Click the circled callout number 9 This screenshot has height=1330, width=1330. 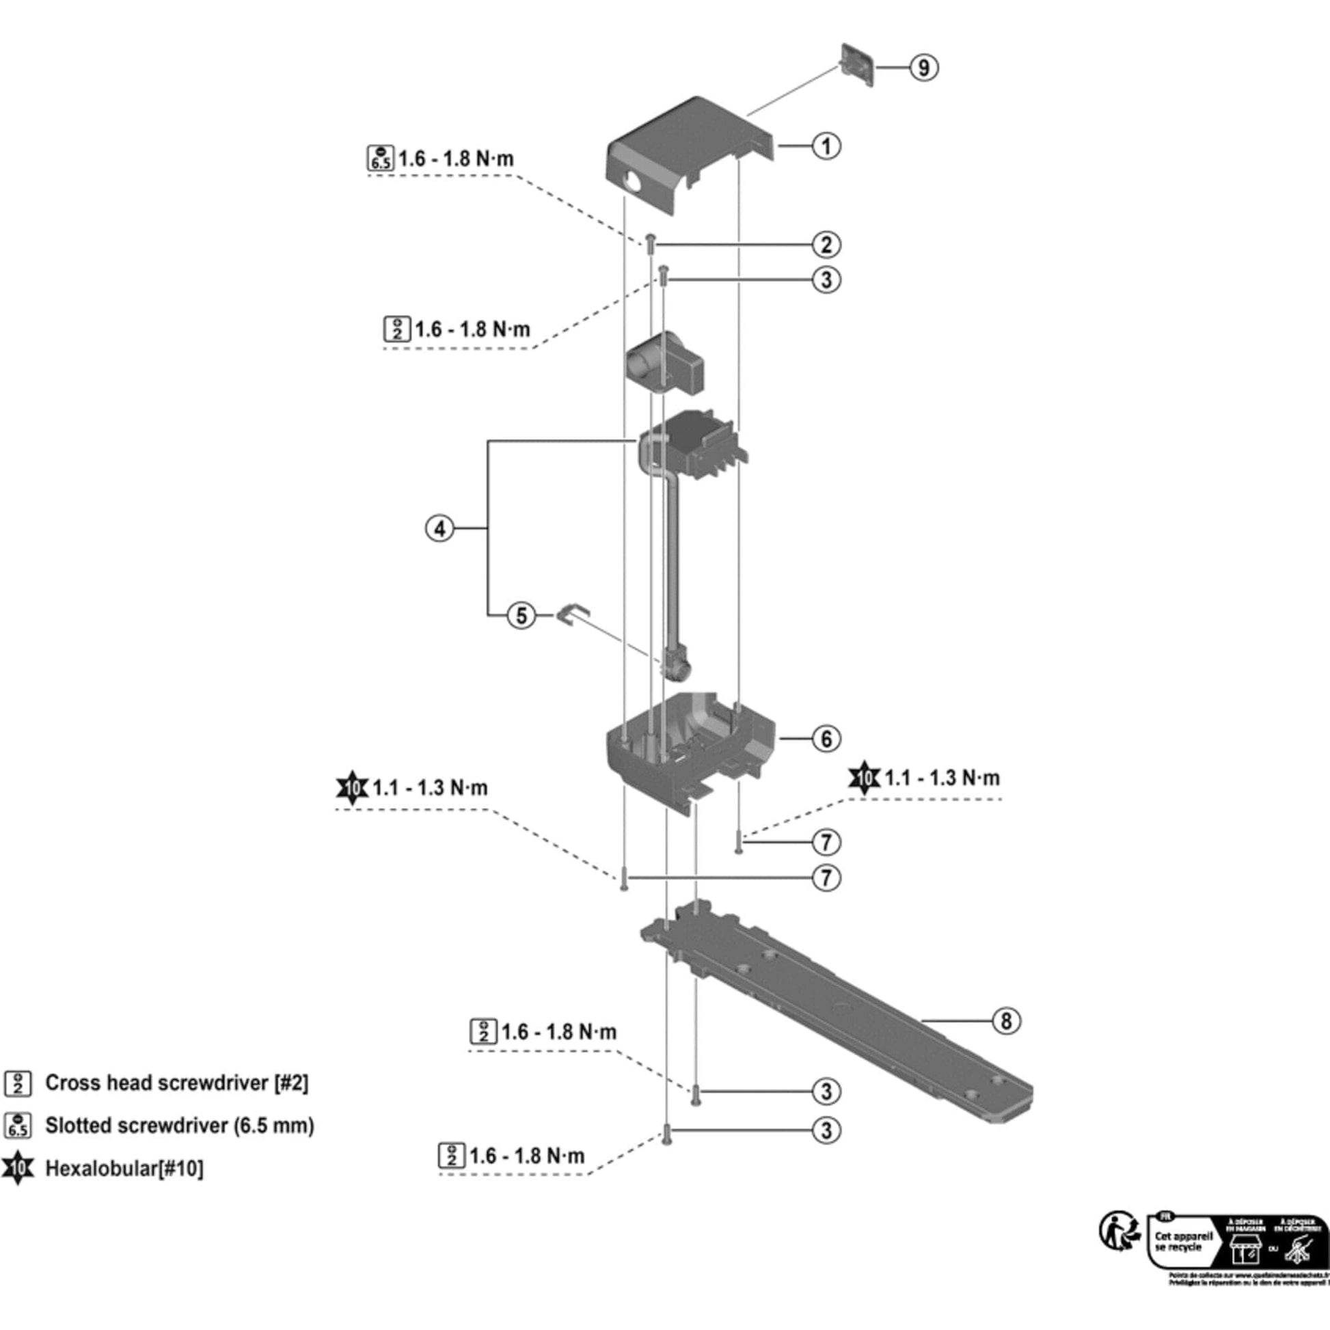tap(924, 68)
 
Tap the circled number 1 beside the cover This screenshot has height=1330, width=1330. tap(827, 146)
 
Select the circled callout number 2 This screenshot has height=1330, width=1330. tap(827, 245)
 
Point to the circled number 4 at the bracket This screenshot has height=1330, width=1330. tap(440, 529)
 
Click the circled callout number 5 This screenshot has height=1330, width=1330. tap(521, 614)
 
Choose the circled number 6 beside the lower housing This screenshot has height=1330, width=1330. tap(827, 739)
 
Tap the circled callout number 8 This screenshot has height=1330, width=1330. tap(1006, 1020)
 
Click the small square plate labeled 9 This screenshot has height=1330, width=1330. tap(857, 66)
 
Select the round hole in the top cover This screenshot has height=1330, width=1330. tap(631, 183)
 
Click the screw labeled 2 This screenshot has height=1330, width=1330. tap(650, 243)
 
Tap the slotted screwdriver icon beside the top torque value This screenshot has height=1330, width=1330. tap(380, 159)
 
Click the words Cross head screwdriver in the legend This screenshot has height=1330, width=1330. tap(157, 1083)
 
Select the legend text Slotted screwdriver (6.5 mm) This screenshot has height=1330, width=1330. tap(179, 1126)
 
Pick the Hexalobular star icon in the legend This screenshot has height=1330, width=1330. tap(18, 1168)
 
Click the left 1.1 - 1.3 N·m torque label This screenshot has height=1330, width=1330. tap(430, 787)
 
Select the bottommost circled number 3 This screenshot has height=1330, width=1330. tap(827, 1130)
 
